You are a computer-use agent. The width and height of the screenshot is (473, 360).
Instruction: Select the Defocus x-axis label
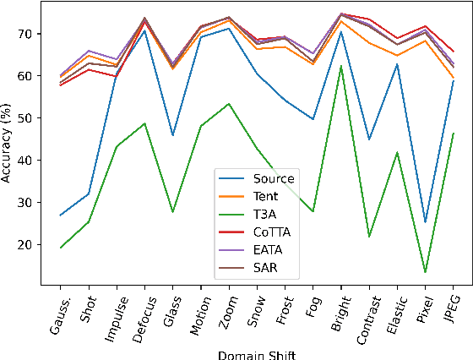coord(141,317)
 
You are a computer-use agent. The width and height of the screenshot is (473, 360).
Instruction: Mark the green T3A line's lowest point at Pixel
coord(425,272)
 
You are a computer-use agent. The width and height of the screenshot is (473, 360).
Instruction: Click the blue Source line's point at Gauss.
coord(61,215)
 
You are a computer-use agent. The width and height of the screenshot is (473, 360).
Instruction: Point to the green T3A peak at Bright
coord(341,66)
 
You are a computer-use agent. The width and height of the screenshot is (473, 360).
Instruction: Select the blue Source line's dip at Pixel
coord(425,222)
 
